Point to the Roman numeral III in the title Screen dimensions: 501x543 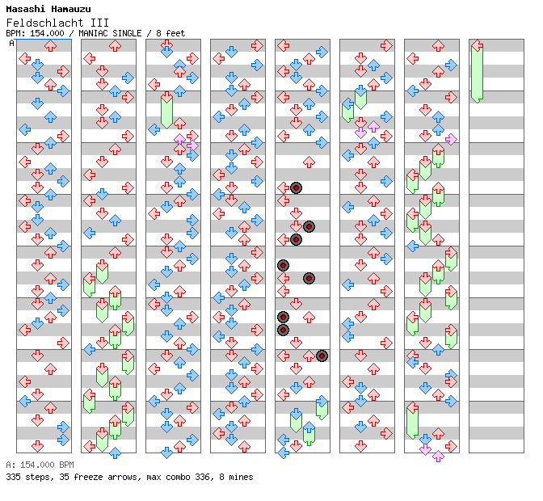[99, 23]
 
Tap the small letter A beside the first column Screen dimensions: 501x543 [11, 43]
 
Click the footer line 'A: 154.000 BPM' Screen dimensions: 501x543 [40, 465]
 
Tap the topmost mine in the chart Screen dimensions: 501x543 [296, 187]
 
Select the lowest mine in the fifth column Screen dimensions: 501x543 [322, 356]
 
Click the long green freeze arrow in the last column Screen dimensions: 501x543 [477, 71]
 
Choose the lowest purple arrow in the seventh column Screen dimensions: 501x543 [438, 456]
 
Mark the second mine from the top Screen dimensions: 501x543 [309, 226]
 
